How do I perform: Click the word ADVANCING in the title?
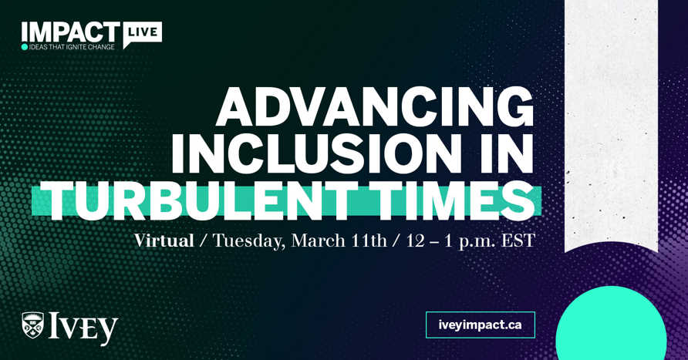pyautogui.click(x=375, y=107)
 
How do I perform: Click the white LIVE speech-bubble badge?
pyautogui.click(x=142, y=32)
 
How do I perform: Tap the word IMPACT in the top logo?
pyautogui.click(x=70, y=32)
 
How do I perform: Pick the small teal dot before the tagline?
pyautogui.click(x=25, y=47)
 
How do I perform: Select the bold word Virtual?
pyautogui.click(x=164, y=241)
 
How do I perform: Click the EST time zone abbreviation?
pyautogui.click(x=516, y=241)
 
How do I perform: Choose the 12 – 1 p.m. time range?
pyautogui.click(x=450, y=241)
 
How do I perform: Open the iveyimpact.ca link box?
pyautogui.click(x=480, y=325)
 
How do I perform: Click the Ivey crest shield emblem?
pyautogui.click(x=33, y=325)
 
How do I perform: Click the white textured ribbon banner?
pyautogui.click(x=611, y=123)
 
